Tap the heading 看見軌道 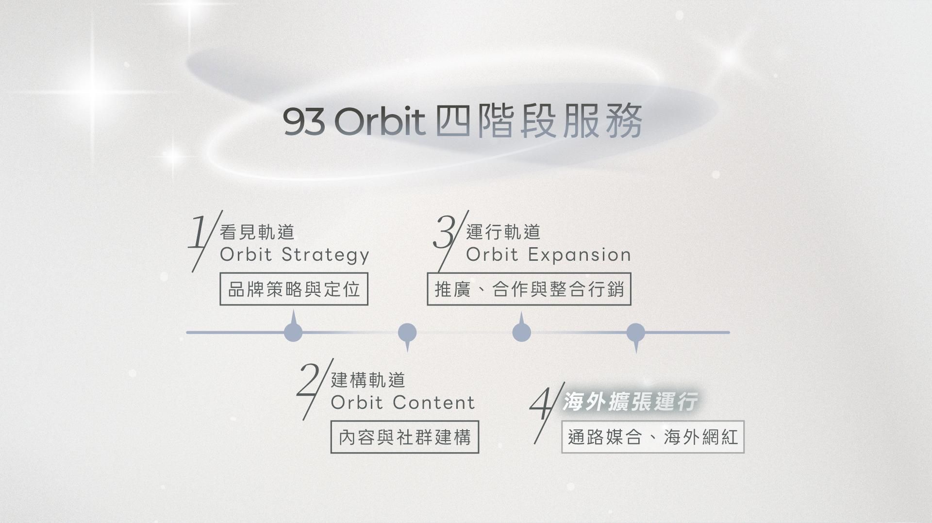(257, 232)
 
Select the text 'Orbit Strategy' (295, 255)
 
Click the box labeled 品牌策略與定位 (294, 289)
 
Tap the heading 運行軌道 (503, 232)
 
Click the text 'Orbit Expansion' (549, 254)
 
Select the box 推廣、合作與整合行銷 (529, 289)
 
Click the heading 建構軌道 (368, 380)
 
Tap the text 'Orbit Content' (403, 403)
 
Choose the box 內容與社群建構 (405, 437)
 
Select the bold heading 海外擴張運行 (630, 402)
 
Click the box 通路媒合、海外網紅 (653, 437)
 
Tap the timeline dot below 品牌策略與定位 (293, 333)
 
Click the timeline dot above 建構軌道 (407, 333)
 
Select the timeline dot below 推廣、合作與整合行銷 (521, 333)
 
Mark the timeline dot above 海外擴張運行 (636, 333)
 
